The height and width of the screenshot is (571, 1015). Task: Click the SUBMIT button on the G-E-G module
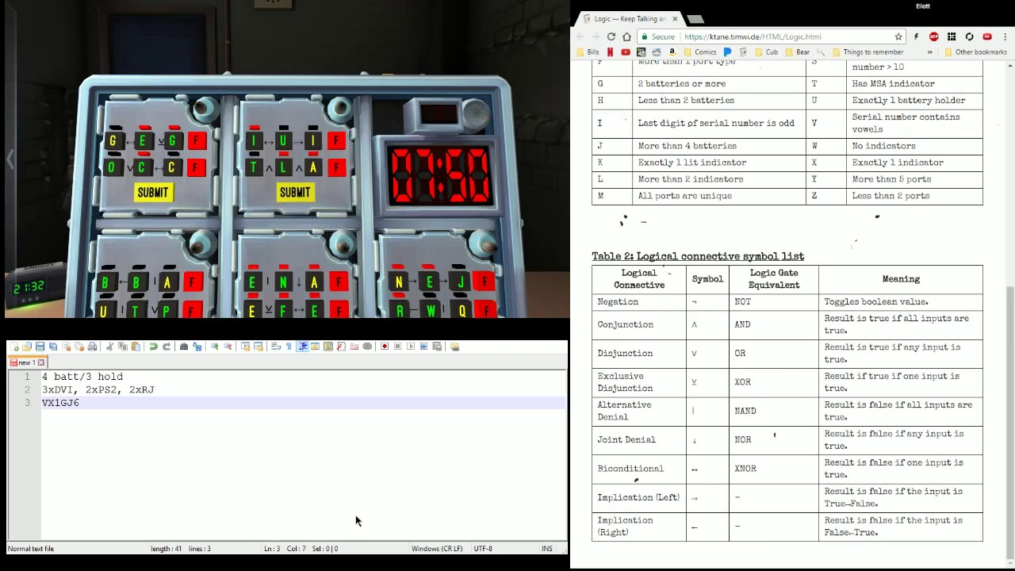point(153,192)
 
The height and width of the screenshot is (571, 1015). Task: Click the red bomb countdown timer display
point(439,175)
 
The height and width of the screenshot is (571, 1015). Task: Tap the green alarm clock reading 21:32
point(29,287)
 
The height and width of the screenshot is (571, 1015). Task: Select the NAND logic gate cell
point(745,411)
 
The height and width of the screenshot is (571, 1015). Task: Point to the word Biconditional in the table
point(630,469)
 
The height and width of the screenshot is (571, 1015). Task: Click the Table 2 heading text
point(697,256)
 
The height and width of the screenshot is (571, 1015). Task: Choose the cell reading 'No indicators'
point(883,146)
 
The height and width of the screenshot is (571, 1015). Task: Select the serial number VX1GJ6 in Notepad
point(60,403)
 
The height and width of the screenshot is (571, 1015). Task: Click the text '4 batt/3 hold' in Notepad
point(82,377)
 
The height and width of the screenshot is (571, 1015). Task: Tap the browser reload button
point(611,36)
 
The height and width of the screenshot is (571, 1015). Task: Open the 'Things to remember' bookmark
point(872,52)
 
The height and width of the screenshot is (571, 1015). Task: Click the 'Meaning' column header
point(901,279)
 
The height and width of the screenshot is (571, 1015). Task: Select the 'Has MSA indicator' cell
point(893,83)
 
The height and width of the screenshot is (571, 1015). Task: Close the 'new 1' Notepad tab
point(41,362)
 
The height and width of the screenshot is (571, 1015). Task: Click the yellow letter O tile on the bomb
point(112,167)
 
